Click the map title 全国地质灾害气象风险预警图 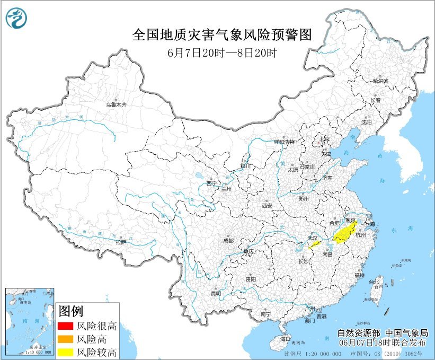(221, 34)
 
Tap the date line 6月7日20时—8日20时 (221, 53)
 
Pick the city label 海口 (286, 338)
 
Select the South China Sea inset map (30, 321)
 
